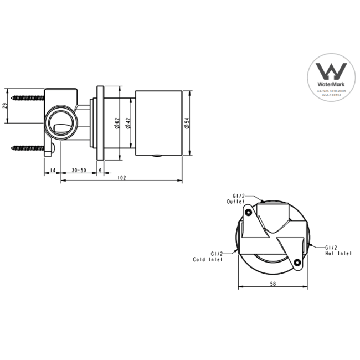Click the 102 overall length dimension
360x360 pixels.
point(122,177)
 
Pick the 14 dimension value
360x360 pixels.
point(52,170)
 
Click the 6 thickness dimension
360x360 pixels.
point(100,170)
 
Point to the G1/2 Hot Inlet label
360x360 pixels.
point(337,250)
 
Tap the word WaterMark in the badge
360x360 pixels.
point(331,86)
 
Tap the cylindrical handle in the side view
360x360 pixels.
point(158,123)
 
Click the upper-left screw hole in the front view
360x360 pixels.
point(249,212)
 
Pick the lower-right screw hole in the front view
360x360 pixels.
point(297,262)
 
